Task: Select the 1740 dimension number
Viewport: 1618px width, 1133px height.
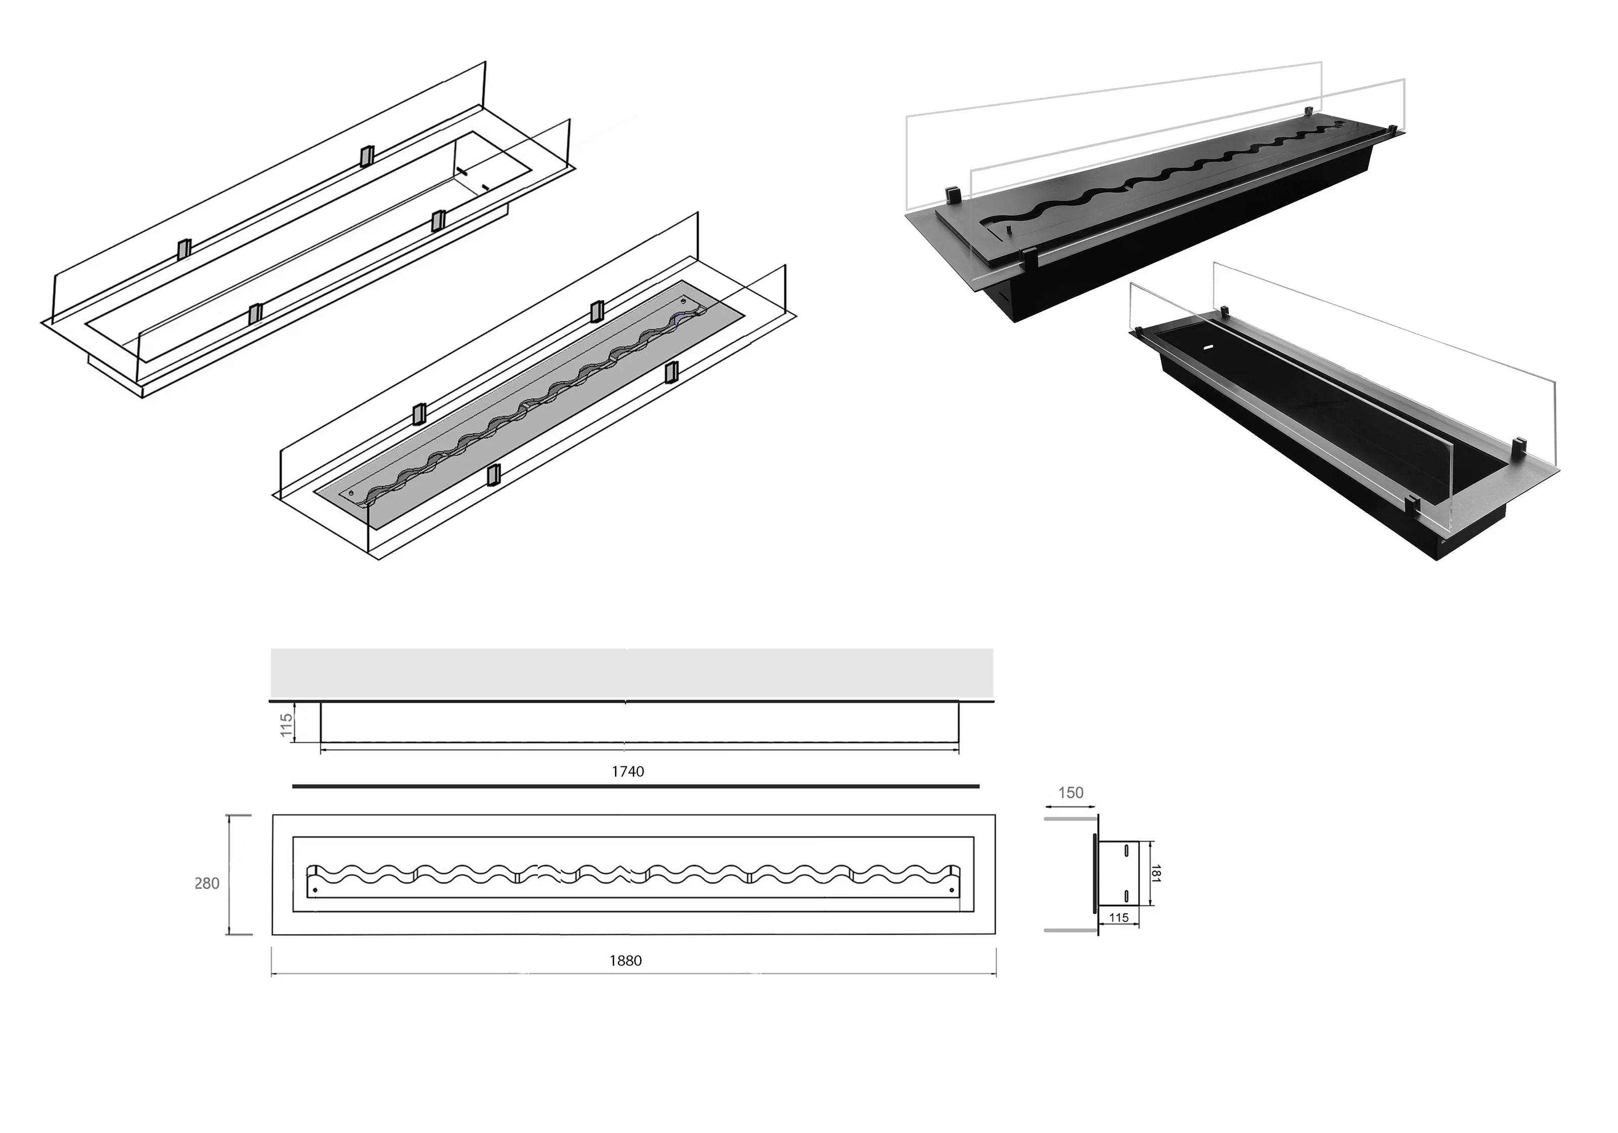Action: point(627,772)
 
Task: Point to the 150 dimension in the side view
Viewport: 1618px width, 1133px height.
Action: point(1070,793)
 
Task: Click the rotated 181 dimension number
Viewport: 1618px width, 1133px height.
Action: point(1156,874)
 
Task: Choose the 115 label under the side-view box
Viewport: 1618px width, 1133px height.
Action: point(1118,918)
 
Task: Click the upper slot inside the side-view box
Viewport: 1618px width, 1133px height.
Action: point(1126,850)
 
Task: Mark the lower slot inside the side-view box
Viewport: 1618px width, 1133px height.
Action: point(1126,895)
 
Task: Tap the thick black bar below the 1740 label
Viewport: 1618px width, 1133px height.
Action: point(635,786)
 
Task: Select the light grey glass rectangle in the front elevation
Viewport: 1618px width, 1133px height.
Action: point(632,673)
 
